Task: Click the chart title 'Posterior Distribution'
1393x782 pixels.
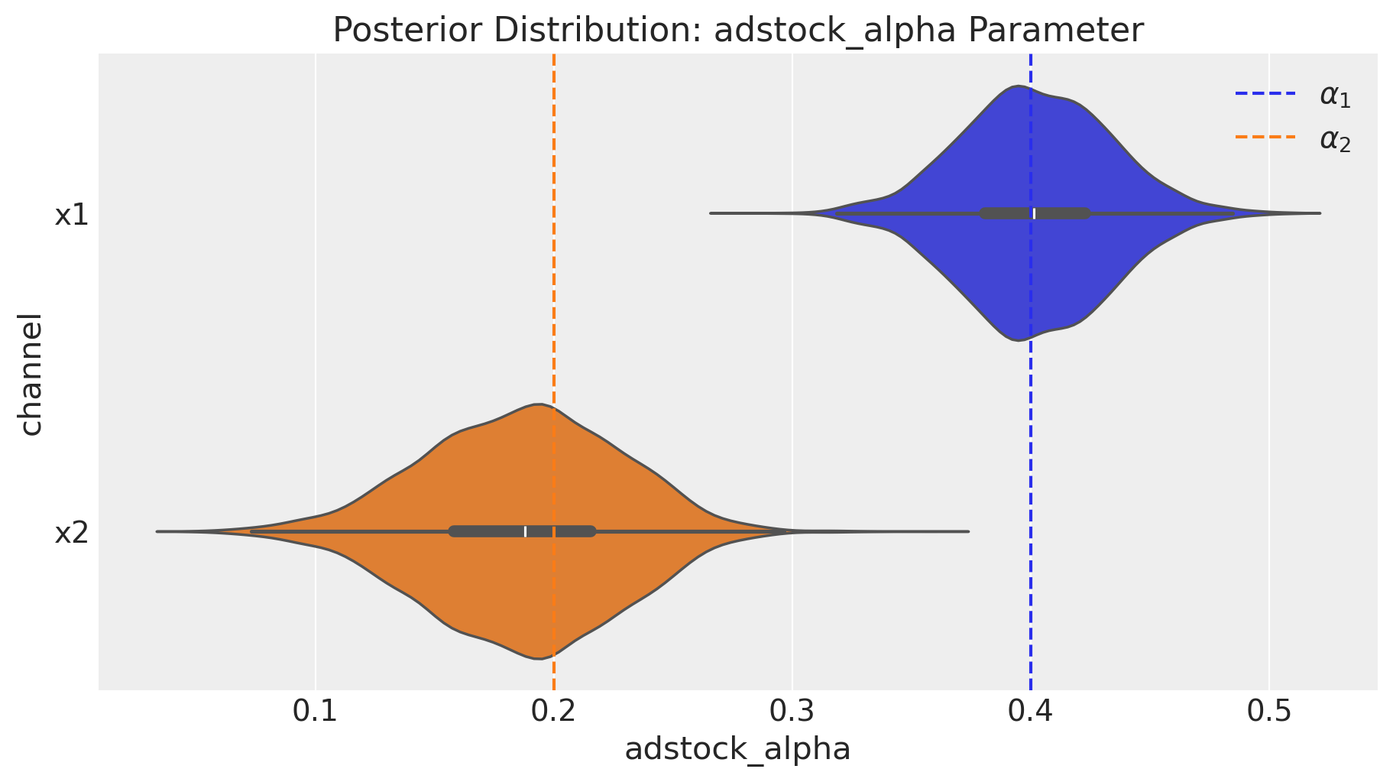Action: tap(737, 31)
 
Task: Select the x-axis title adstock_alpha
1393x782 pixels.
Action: tap(737, 749)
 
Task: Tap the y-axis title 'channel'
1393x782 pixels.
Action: tap(31, 372)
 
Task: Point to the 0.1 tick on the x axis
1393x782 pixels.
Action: tap(315, 712)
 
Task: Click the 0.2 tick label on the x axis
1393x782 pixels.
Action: tap(553, 712)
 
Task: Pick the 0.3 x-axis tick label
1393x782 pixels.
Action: tap(792, 712)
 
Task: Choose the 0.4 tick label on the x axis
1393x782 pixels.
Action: tap(1031, 712)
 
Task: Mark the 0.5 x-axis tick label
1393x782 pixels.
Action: tap(1269, 712)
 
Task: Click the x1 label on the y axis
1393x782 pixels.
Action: tap(71, 215)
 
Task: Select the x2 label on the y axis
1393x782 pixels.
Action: tap(71, 533)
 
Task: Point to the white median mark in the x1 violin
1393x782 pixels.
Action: tap(1035, 213)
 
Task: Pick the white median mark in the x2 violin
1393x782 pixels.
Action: tap(526, 531)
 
